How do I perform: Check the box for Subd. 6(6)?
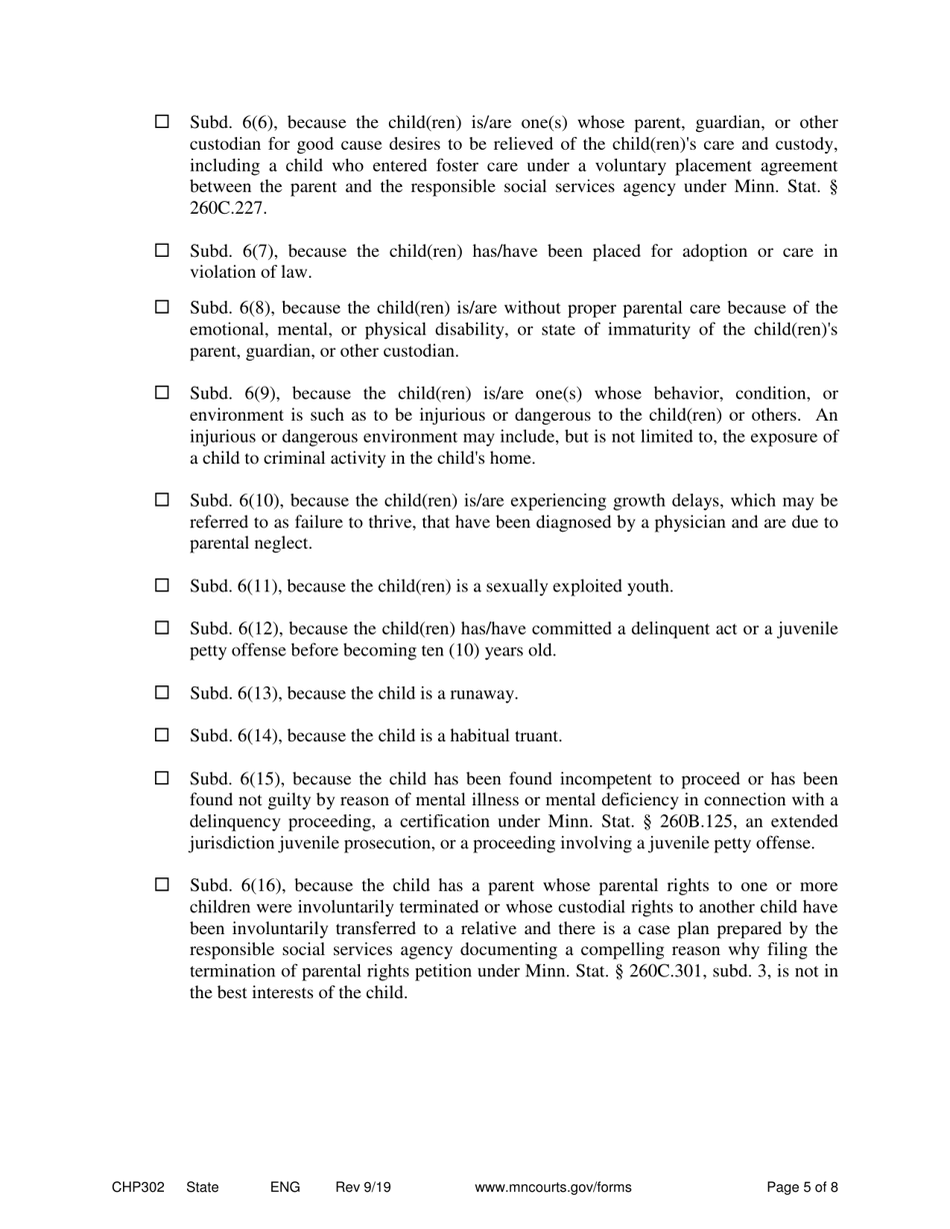coord(162,122)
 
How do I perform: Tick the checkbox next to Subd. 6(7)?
coord(162,250)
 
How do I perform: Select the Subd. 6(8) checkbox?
coord(162,307)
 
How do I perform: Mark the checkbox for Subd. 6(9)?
coord(162,393)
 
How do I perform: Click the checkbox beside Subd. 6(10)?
coord(162,500)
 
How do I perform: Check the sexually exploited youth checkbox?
coord(162,586)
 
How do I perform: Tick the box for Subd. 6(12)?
coord(162,628)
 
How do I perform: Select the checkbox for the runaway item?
coord(162,692)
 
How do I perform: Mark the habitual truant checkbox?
coord(162,735)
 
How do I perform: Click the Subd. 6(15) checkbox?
coord(162,778)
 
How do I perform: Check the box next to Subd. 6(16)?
coord(162,885)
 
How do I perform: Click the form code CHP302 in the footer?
coord(138,1187)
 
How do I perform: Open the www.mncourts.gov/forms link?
coord(553,1187)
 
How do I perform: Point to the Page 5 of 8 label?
coord(802,1187)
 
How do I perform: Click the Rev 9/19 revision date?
coord(363,1187)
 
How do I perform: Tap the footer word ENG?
coord(285,1187)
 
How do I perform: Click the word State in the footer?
coord(202,1187)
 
